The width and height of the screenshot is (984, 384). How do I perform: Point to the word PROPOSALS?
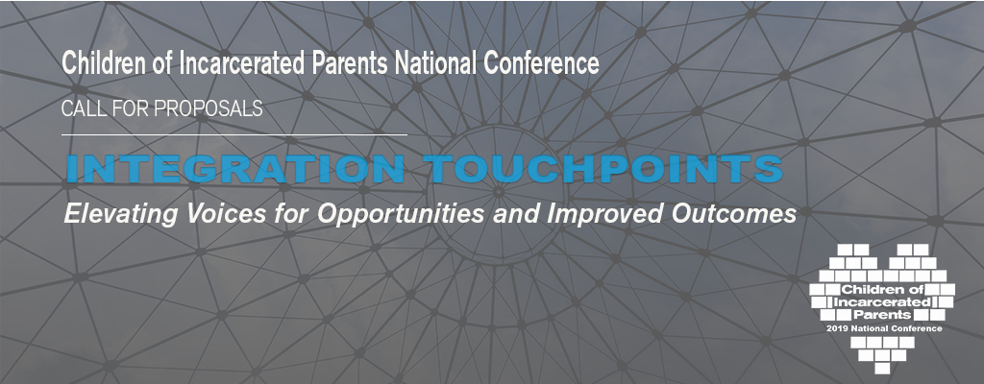pos(208,109)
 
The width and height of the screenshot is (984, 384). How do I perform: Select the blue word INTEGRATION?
pos(235,169)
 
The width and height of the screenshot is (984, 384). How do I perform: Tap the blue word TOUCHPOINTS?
pos(603,169)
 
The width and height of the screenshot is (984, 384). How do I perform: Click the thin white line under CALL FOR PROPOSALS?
pos(234,134)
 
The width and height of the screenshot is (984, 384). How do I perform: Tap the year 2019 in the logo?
pos(837,328)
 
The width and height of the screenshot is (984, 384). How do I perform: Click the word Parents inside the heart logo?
pos(882,314)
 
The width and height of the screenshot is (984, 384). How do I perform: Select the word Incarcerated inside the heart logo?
pos(882,301)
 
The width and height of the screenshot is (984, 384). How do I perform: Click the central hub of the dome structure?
pos(499,191)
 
